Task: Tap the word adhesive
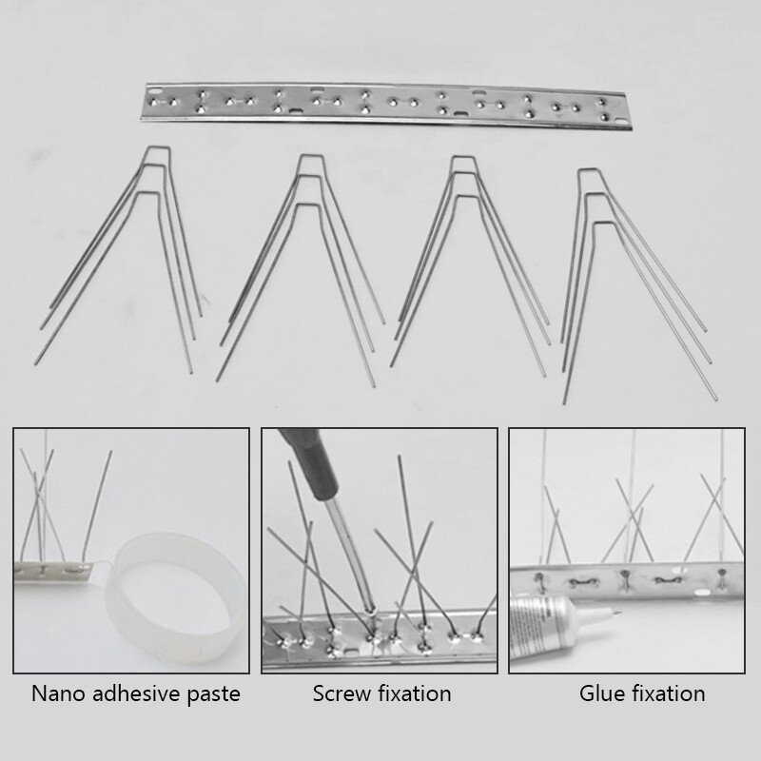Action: pos(129,693)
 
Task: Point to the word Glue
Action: pos(600,693)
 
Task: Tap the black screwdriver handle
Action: pos(308,461)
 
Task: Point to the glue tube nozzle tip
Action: pos(619,613)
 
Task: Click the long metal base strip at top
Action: pos(386,105)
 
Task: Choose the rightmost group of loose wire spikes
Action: pos(638,286)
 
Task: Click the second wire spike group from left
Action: pos(301,270)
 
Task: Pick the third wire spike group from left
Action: pos(470,266)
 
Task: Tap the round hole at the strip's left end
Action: pos(154,90)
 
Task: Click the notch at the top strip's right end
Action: pos(622,122)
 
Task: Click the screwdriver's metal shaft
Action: pos(348,556)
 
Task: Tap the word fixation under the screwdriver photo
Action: pos(414,693)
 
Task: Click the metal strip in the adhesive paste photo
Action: pos(53,573)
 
